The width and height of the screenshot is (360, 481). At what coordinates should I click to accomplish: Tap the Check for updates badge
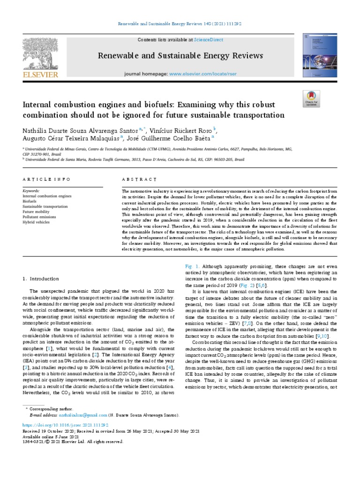(311, 100)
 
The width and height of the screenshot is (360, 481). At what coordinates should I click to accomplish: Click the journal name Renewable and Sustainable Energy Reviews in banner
(180, 56)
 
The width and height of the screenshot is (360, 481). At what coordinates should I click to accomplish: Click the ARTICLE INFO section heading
(46, 179)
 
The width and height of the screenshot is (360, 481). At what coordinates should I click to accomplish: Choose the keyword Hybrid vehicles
(36, 222)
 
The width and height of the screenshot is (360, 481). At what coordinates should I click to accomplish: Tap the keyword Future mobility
(36, 211)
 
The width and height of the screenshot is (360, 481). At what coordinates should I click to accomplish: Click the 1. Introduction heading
(41, 279)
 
